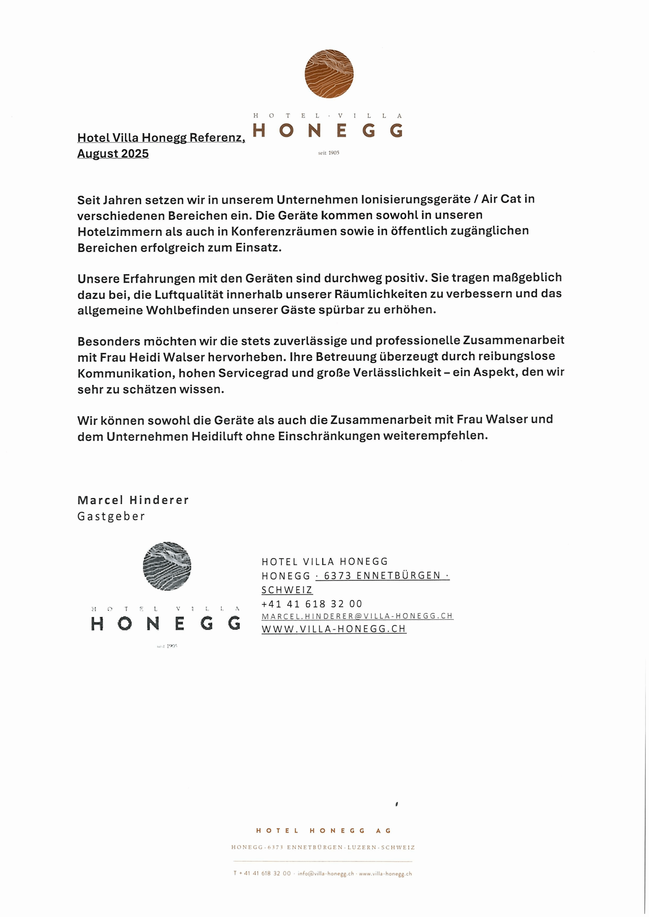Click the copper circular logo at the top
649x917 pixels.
click(x=329, y=73)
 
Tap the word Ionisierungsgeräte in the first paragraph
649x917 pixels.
click(x=416, y=199)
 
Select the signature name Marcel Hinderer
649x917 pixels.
click(x=133, y=500)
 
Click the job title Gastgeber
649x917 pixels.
click(x=111, y=517)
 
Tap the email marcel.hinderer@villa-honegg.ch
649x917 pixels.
click(x=357, y=616)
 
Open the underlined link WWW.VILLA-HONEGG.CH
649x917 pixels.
click(x=334, y=629)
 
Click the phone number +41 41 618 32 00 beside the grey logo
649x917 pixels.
click(x=312, y=604)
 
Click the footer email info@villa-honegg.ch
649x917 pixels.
click(x=326, y=873)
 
